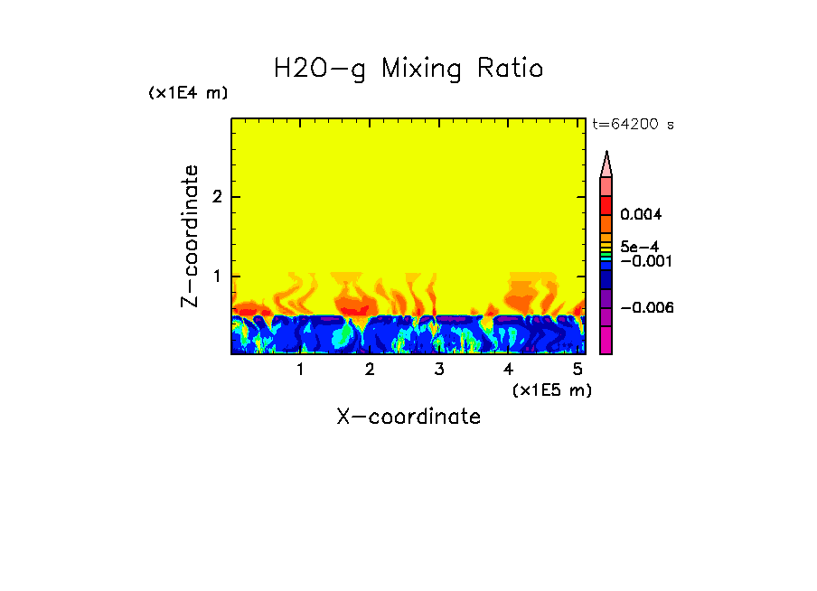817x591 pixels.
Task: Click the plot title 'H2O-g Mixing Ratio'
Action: (408, 69)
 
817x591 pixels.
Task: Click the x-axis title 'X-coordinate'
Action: (408, 417)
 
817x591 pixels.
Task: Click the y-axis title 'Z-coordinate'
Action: (191, 236)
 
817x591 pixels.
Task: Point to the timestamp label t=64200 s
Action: (633, 125)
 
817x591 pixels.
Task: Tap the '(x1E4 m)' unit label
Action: (188, 93)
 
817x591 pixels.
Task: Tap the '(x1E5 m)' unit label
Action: (551, 389)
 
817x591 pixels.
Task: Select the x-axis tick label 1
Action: (300, 370)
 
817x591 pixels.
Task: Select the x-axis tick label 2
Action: (370, 370)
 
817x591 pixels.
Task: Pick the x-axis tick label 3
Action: (438, 370)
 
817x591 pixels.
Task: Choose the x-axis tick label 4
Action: (508, 370)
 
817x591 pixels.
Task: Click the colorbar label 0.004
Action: (642, 215)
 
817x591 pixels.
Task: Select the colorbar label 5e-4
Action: (639, 246)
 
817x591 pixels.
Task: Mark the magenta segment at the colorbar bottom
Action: (606, 341)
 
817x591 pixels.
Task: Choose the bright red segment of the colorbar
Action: (606, 204)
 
